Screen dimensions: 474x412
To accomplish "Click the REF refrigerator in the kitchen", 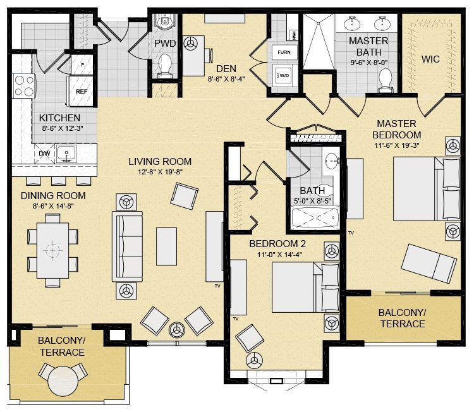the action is point(81,91).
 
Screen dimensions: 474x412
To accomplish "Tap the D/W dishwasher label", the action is point(44,154).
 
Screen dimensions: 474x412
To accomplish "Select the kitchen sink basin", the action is point(66,154).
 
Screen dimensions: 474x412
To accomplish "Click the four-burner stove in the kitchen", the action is point(24,86).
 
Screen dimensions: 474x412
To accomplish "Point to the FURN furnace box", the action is point(284,52).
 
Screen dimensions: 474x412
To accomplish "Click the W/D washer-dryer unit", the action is point(284,76).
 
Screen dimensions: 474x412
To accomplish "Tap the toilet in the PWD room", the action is point(165,64).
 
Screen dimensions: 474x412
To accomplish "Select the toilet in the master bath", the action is point(386,80).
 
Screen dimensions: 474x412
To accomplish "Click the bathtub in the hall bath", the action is point(314,217).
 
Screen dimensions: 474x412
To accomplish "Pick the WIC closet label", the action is point(430,59).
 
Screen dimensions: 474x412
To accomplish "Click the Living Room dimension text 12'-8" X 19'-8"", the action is point(161,172).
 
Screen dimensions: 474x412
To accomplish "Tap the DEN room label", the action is point(226,69).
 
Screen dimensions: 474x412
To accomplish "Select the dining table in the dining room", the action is point(52,250).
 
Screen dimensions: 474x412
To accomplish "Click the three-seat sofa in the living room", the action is point(127,246).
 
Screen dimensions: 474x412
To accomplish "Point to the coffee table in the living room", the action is point(166,246).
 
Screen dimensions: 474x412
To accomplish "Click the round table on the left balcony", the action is point(63,381).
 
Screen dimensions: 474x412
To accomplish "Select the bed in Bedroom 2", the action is point(306,287).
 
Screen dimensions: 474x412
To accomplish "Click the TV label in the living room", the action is point(217,286).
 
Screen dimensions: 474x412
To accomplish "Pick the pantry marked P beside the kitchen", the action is point(82,64).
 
